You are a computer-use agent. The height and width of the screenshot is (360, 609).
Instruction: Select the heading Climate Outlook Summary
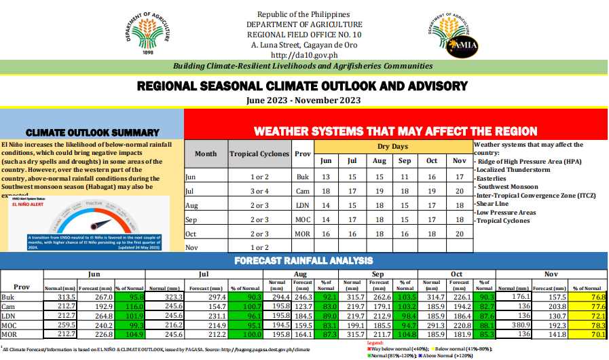coord(92,132)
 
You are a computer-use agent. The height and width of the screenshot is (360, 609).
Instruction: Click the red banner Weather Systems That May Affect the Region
coord(395,131)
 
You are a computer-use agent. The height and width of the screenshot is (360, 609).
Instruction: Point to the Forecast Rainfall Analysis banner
coord(303,260)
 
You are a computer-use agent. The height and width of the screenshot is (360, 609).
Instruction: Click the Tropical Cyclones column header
coord(259,154)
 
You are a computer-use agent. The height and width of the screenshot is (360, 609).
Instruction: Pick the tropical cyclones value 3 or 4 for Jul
coord(259,191)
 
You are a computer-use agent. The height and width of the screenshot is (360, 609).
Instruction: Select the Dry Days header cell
coord(392,147)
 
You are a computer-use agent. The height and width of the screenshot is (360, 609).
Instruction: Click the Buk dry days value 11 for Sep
coord(405,177)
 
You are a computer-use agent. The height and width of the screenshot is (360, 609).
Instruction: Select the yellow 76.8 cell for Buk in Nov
coord(589,297)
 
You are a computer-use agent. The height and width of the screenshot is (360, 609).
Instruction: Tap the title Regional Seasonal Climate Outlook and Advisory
coord(303,86)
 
